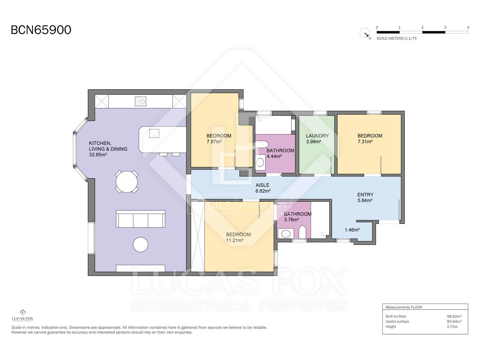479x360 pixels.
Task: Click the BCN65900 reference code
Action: [x=41, y=30]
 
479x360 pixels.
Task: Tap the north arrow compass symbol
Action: [x=365, y=33]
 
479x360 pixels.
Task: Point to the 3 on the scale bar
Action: [x=445, y=27]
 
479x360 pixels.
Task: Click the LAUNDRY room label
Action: [x=317, y=136]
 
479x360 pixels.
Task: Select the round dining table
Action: [x=127, y=182]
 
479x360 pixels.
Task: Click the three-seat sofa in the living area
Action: [x=140, y=219]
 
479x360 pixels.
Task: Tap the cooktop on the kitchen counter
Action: [x=140, y=101]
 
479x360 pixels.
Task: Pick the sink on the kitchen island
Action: [x=154, y=133]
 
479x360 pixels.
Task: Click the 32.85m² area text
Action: [x=98, y=155]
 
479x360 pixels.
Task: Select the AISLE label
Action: [x=262, y=185]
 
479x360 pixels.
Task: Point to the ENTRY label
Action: [x=365, y=194]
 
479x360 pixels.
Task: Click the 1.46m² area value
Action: [x=352, y=230]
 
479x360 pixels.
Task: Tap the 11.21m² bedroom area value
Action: [x=235, y=240]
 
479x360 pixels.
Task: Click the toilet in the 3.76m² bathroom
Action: [x=302, y=232]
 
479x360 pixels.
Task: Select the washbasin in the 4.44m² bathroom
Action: [x=260, y=162]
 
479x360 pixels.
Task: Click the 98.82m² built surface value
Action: [x=454, y=316]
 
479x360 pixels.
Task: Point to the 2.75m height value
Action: [x=452, y=327]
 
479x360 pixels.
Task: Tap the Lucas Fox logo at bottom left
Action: [x=22, y=315]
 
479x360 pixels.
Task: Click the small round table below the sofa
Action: [x=140, y=244]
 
